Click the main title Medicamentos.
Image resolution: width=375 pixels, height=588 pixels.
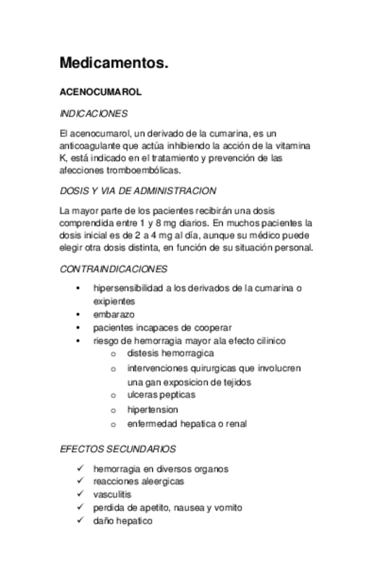coord(114,64)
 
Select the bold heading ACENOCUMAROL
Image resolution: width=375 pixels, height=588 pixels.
coord(101,92)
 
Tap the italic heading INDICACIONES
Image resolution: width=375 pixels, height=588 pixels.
coord(93,114)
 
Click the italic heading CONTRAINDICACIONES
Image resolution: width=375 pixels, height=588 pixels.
coord(113,268)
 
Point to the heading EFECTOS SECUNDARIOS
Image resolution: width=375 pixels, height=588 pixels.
coord(117,449)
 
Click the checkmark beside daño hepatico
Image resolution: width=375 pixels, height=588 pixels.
coord(81,521)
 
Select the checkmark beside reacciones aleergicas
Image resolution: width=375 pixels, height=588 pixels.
coord(81,481)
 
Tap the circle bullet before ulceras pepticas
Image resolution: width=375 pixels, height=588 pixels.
coord(113,395)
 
